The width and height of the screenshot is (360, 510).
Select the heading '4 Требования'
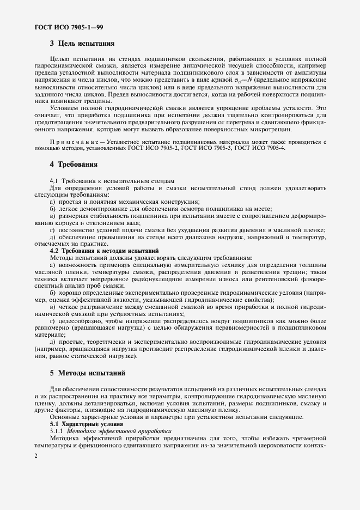point(74,164)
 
